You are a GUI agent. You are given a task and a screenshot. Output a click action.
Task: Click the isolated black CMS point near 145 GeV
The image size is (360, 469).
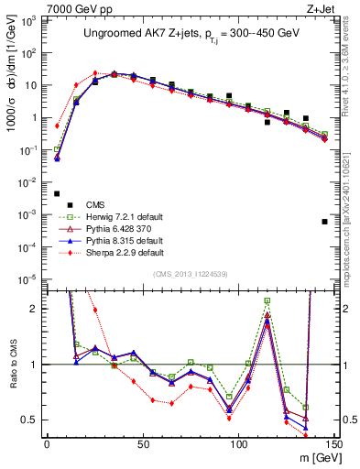pos(325,222)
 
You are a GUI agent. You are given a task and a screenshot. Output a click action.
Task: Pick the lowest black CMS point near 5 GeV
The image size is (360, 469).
pos(57,193)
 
